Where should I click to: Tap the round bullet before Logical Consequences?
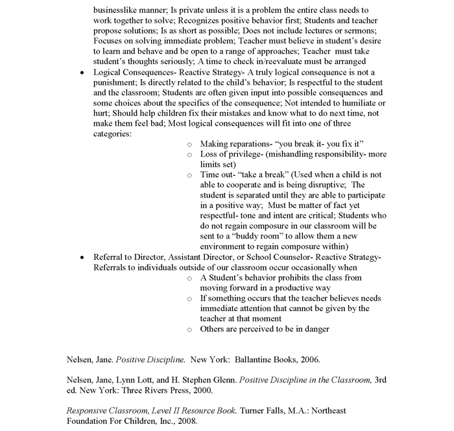81,73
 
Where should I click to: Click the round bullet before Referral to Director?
81,257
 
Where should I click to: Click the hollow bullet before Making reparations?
189,143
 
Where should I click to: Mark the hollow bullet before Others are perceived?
189,329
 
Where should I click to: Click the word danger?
315,329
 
